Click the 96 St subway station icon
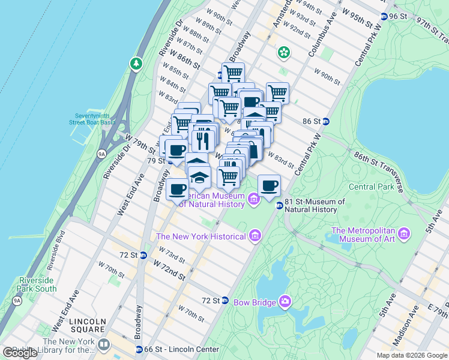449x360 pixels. (x=383, y=16)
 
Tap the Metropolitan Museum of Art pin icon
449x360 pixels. (x=404, y=232)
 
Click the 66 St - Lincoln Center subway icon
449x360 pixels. (x=139, y=349)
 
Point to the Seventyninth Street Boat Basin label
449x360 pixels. (x=92, y=119)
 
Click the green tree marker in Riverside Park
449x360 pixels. (x=137, y=63)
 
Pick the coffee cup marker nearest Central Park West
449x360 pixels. (x=270, y=185)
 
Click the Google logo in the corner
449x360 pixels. (x=20, y=353)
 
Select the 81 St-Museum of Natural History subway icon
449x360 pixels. (x=279, y=206)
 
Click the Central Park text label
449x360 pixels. (x=370, y=186)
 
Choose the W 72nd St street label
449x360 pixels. (x=169, y=269)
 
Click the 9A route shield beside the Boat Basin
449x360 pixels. (x=103, y=154)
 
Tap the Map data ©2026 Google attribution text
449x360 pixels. (x=411, y=355)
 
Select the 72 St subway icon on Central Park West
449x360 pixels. (x=224, y=300)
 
